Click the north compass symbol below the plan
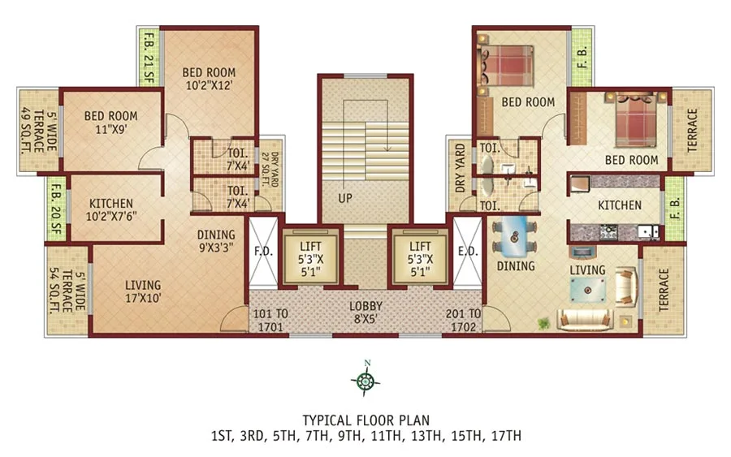[366, 379]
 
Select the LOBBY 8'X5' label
[365, 313]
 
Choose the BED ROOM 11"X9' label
[110, 122]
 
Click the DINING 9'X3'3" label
[216, 242]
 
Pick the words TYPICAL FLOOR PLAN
[365, 420]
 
